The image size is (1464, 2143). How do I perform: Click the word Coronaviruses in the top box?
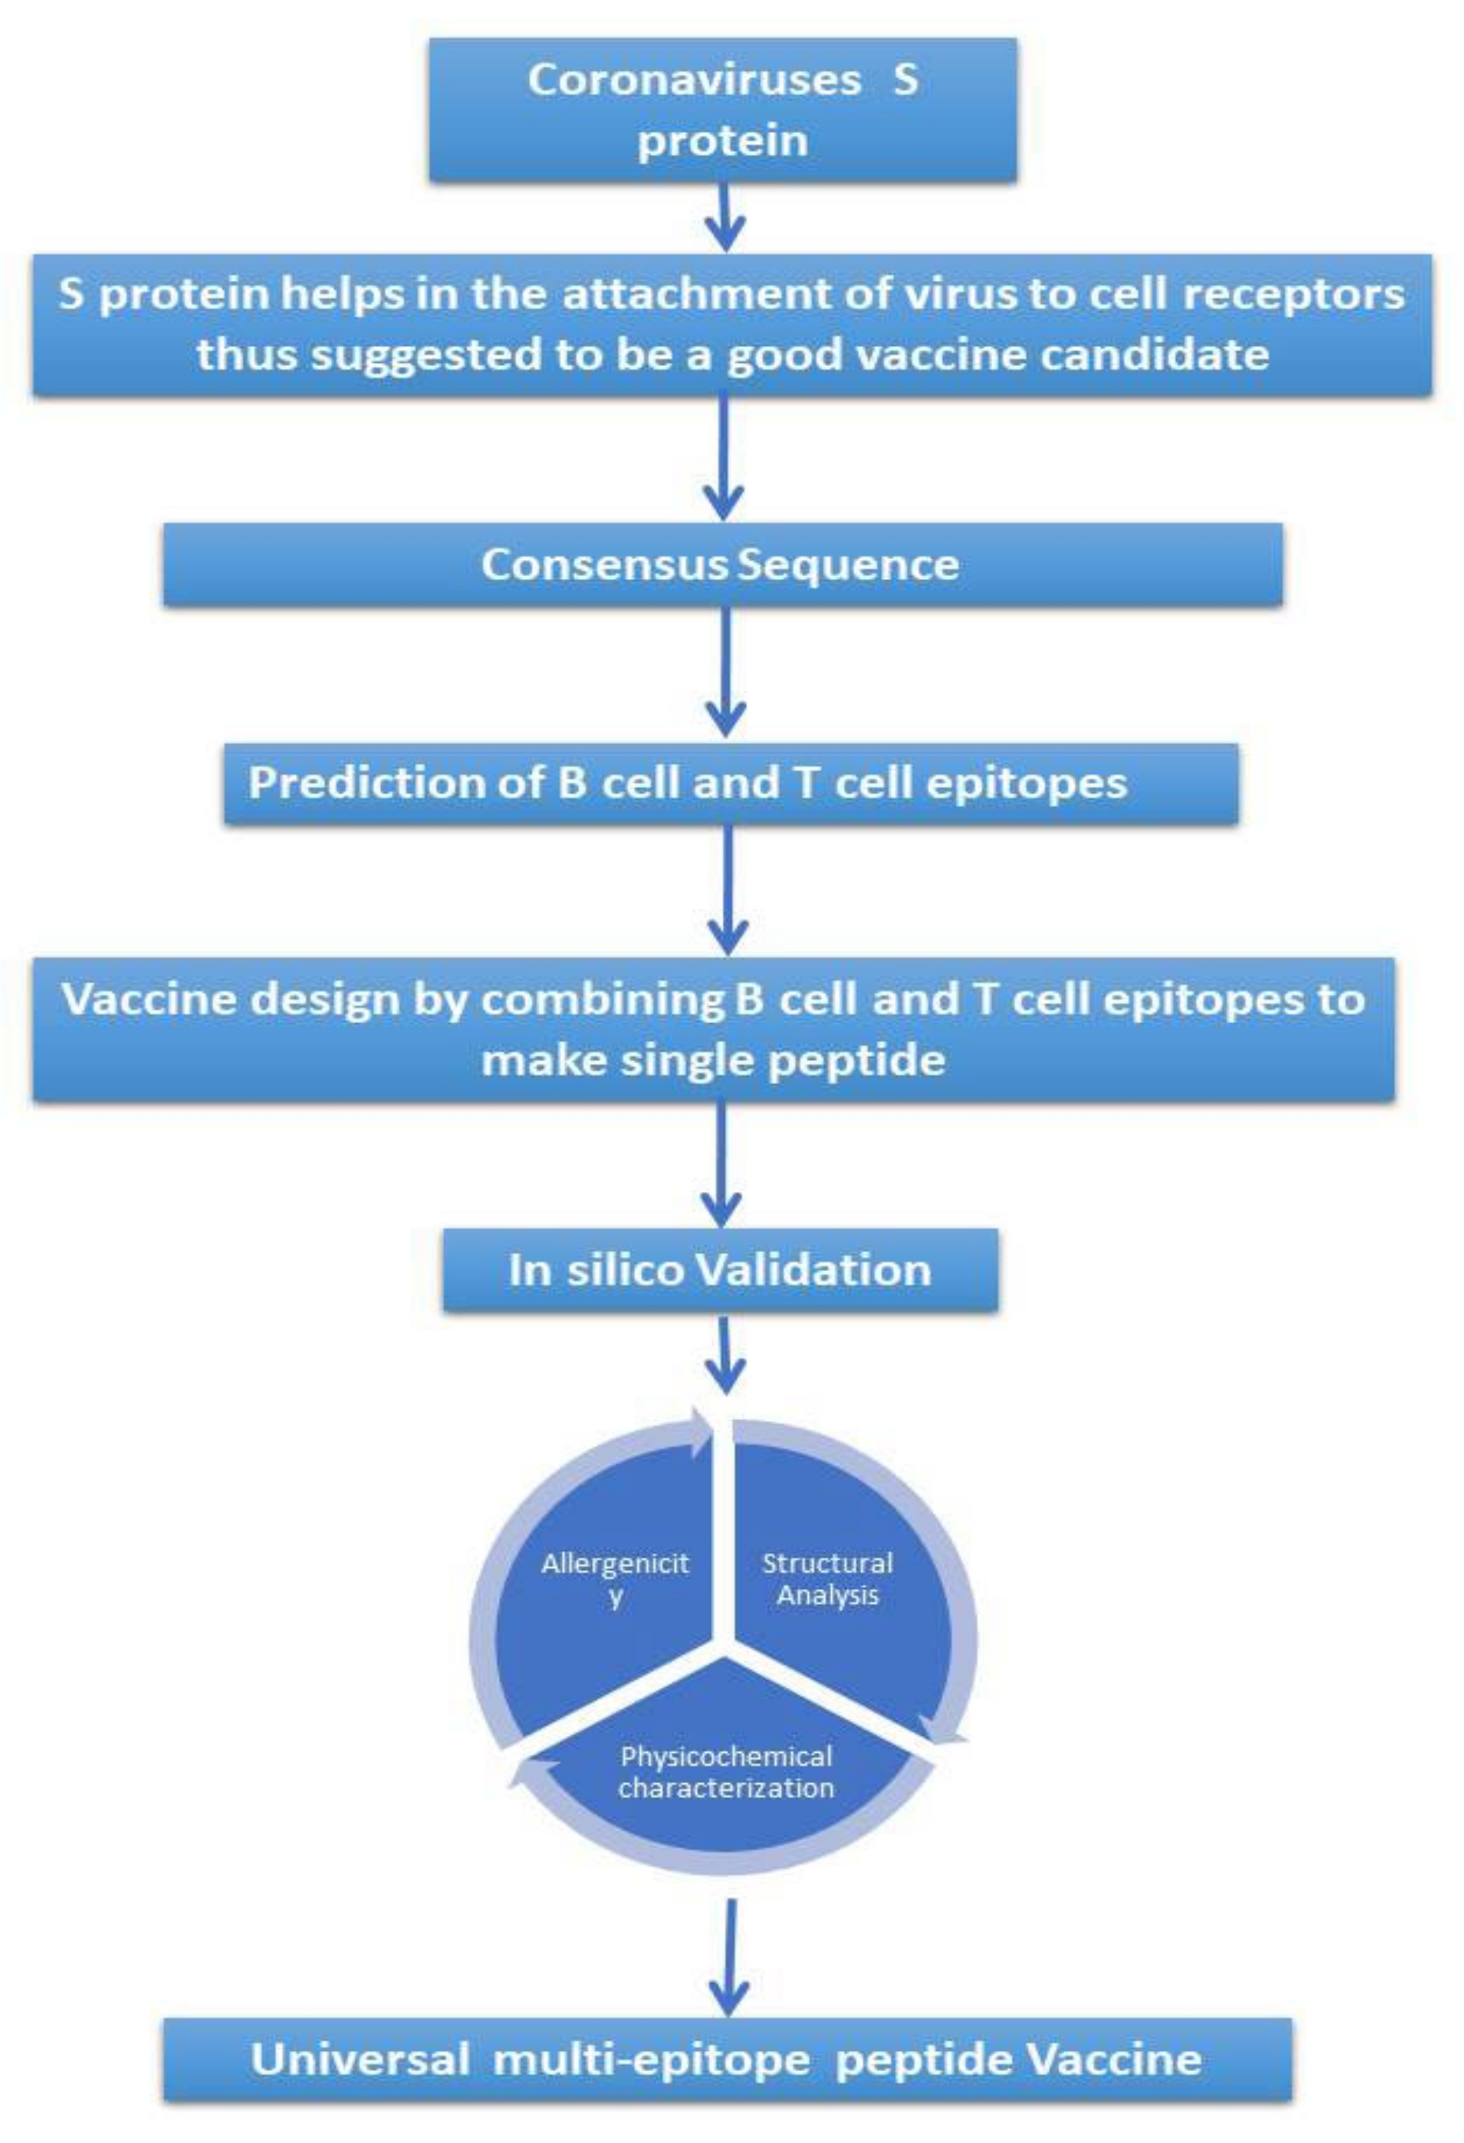[693, 80]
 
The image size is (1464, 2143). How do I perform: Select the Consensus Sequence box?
[722, 564]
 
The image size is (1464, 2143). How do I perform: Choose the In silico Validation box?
[720, 1270]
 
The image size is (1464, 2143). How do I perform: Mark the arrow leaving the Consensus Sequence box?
[725, 673]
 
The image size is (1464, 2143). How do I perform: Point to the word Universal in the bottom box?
[359, 2059]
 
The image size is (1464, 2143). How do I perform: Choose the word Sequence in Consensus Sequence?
[848, 564]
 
